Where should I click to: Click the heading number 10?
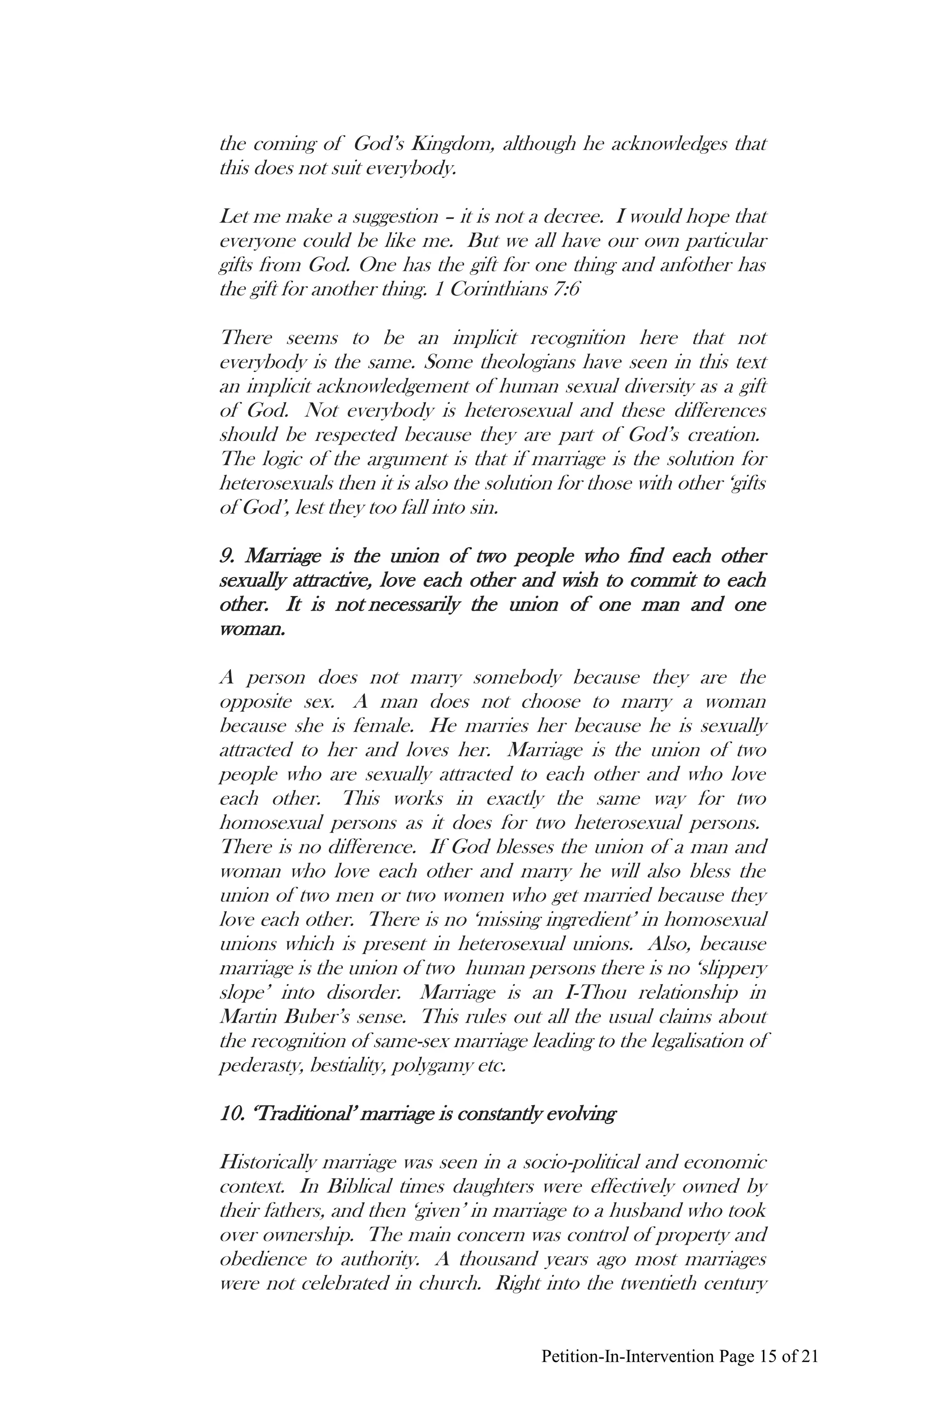(x=232, y=1115)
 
